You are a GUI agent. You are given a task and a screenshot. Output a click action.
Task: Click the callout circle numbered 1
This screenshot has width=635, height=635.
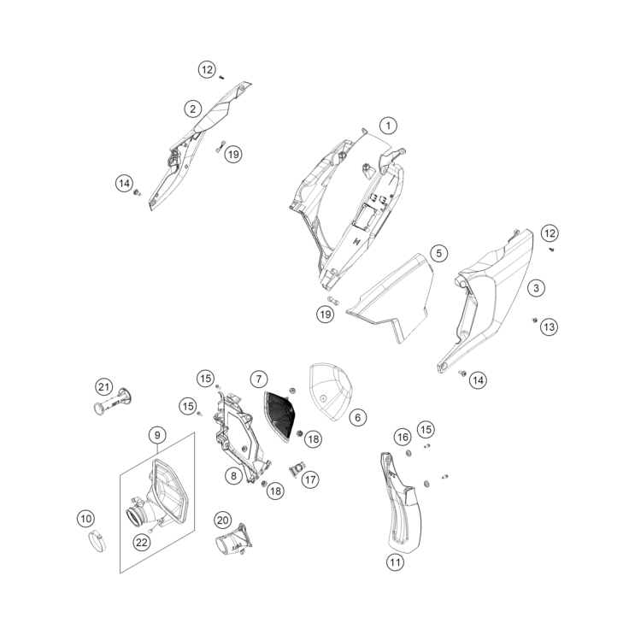pos(389,126)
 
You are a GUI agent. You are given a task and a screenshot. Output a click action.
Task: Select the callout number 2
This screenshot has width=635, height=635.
pos(194,109)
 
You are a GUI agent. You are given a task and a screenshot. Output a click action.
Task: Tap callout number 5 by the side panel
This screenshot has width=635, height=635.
pos(438,253)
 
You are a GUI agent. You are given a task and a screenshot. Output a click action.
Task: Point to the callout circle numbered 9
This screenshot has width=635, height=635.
pos(157,436)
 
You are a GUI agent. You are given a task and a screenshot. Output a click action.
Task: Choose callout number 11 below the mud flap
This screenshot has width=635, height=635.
pos(394,562)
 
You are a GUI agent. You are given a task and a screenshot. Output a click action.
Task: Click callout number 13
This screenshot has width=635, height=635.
pos(549,326)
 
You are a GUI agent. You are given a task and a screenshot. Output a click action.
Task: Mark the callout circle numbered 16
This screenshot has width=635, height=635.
pos(403,437)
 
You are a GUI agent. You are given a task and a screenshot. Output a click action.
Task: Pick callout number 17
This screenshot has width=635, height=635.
pos(309,480)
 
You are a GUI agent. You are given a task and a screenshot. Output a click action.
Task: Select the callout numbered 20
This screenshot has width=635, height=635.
pos(222,520)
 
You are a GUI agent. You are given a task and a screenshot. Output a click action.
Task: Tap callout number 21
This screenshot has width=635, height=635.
pos(104,385)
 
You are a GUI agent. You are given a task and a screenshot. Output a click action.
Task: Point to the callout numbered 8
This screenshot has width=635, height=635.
pos(232,475)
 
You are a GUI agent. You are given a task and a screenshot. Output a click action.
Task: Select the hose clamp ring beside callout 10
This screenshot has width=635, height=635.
pos(99,542)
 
